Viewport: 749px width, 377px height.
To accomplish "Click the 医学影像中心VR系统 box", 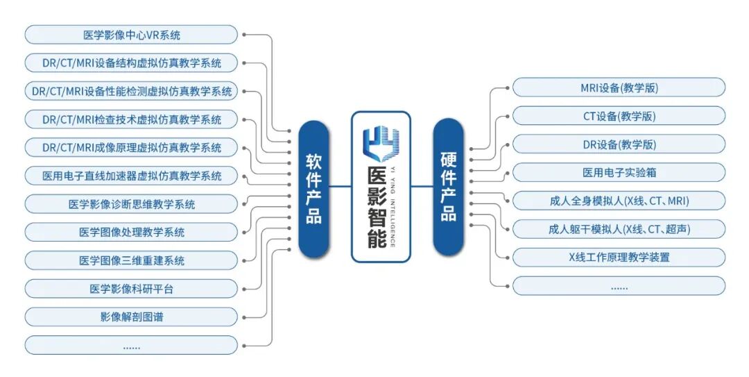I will click(x=131, y=35).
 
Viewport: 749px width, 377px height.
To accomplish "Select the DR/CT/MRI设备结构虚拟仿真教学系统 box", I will click(x=131, y=62).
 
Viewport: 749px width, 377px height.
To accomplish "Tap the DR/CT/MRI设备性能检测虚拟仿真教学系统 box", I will click(x=131, y=91).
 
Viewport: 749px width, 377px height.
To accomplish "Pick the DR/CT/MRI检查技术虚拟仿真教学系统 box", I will click(x=131, y=119).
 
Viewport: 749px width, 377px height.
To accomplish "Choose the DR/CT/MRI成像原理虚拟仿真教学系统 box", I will click(x=131, y=148).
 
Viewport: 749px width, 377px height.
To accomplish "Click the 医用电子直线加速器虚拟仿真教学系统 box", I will click(x=131, y=176).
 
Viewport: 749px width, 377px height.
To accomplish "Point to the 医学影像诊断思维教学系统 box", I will click(x=131, y=204).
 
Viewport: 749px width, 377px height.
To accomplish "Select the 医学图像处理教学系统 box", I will click(x=131, y=233).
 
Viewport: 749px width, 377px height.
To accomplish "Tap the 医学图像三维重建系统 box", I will click(x=131, y=260).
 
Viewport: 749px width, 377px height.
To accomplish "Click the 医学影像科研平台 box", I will click(x=131, y=289).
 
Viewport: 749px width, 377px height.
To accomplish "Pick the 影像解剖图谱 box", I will click(x=131, y=317).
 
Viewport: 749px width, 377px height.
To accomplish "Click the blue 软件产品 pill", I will click(x=313, y=188).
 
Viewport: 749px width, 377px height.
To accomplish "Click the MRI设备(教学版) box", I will click(x=619, y=87).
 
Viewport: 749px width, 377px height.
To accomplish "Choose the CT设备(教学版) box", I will click(x=619, y=116).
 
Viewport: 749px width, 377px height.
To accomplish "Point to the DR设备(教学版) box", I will click(x=619, y=144).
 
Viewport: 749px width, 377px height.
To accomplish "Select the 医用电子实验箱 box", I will click(x=619, y=172).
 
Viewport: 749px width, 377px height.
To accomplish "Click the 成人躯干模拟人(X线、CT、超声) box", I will click(x=619, y=229).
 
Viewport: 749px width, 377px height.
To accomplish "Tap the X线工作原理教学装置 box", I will click(x=619, y=257).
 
